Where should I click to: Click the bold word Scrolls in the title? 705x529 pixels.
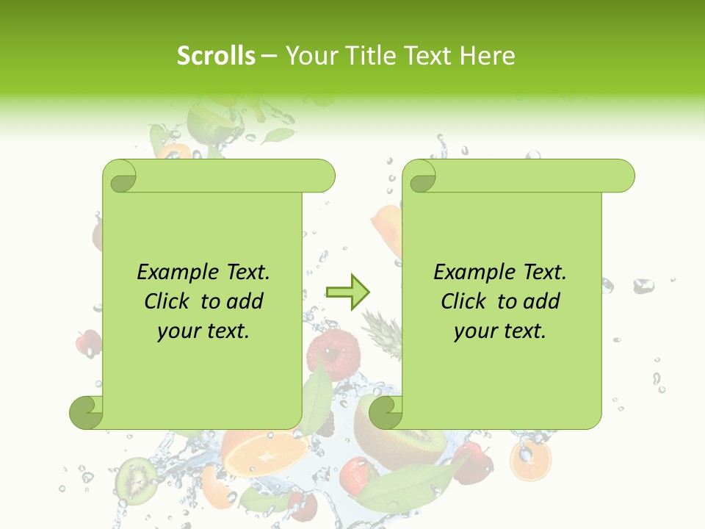[216, 56]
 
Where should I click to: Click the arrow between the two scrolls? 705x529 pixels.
[347, 292]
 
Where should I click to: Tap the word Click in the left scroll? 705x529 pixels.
[170, 301]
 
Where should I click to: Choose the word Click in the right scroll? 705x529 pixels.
[466, 301]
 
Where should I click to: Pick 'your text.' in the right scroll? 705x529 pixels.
[500, 331]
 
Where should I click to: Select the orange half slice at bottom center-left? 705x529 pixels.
[264, 452]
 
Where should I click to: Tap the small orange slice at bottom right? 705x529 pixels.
[530, 460]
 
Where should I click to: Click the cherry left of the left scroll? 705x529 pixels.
[89, 342]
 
